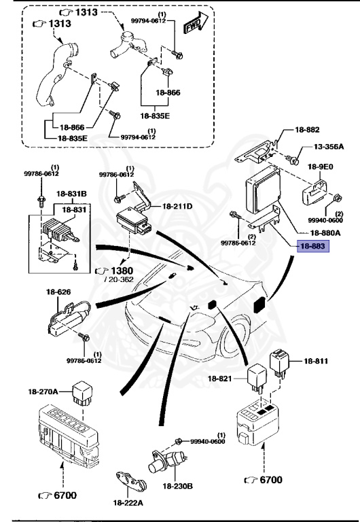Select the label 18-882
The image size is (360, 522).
click(307, 129)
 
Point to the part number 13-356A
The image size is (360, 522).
click(329, 147)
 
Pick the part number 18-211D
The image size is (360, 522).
click(177, 206)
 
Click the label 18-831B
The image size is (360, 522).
click(70, 193)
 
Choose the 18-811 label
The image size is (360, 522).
click(316, 361)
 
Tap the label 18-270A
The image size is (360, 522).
click(43, 391)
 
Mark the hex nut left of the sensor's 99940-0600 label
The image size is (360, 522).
click(179, 441)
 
